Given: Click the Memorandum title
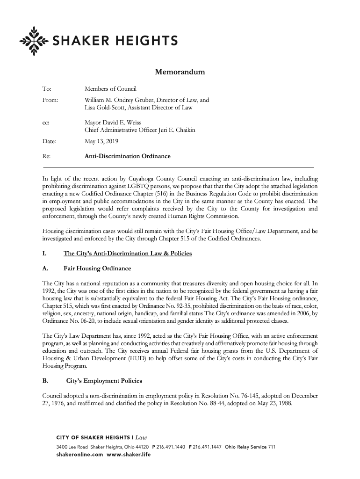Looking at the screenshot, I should [x=180, y=72].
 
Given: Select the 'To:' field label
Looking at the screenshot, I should [x=47, y=89].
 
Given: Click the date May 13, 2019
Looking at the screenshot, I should [x=101, y=141].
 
